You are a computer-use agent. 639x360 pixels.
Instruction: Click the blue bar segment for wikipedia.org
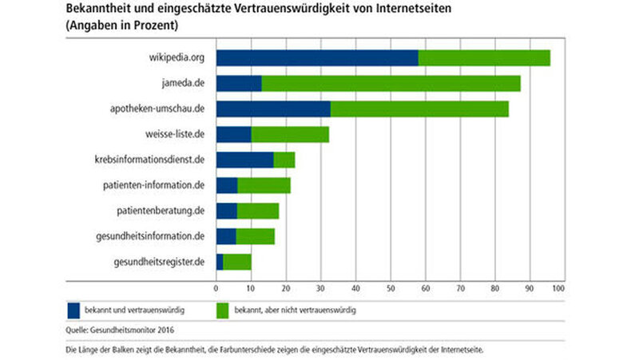click(316, 57)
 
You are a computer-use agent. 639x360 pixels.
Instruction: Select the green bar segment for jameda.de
click(391, 84)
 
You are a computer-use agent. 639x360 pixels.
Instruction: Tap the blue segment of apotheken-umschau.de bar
click(273, 109)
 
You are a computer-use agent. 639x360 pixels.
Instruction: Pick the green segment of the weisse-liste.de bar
click(290, 134)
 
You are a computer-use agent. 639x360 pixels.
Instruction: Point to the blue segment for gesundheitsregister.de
click(220, 261)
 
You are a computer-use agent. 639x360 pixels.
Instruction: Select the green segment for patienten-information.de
click(264, 185)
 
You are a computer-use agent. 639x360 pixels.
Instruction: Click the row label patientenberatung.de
click(162, 211)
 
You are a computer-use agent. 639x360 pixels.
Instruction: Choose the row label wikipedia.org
click(177, 57)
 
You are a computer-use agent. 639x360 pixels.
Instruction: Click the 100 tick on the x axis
click(558, 287)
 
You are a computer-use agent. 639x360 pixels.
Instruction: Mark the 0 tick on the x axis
click(216, 287)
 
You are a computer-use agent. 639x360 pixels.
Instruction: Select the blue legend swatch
click(73, 308)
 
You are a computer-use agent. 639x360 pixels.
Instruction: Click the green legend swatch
click(221, 308)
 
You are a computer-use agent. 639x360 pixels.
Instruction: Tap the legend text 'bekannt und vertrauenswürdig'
click(137, 308)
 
